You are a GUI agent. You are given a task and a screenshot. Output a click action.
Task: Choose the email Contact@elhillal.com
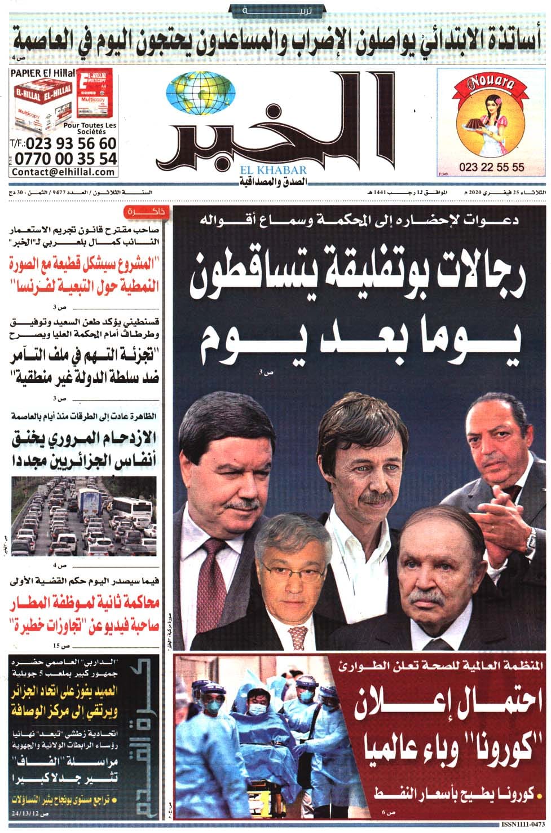pyautogui.click(x=63, y=172)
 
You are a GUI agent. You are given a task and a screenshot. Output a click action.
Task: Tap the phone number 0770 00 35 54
pyautogui.click(x=64, y=158)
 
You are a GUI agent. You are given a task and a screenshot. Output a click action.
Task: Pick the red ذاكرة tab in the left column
pyautogui.click(x=143, y=212)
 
